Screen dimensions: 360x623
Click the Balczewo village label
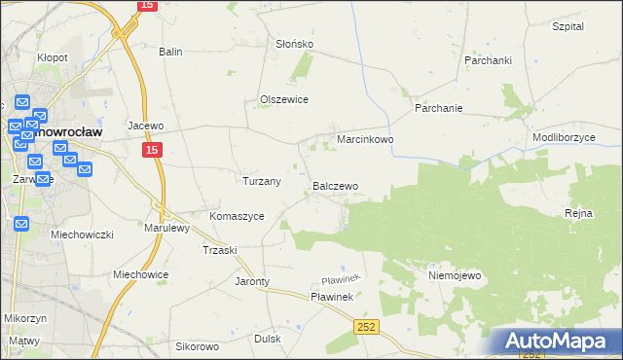point(335,185)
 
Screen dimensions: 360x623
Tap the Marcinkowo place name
point(364,139)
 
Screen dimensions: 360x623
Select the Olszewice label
point(283,99)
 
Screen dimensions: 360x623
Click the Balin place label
point(171,52)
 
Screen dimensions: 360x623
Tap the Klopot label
point(52,57)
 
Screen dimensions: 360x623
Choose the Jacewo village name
point(145,126)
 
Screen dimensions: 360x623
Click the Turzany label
point(261,181)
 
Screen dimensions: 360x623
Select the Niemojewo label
point(455,275)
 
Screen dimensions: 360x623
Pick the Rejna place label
point(578,213)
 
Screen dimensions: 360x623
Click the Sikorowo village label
point(197,346)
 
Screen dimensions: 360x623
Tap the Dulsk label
point(267,339)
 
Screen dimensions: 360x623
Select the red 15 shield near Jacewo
point(151,151)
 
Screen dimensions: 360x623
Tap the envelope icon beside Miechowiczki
point(21,224)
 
